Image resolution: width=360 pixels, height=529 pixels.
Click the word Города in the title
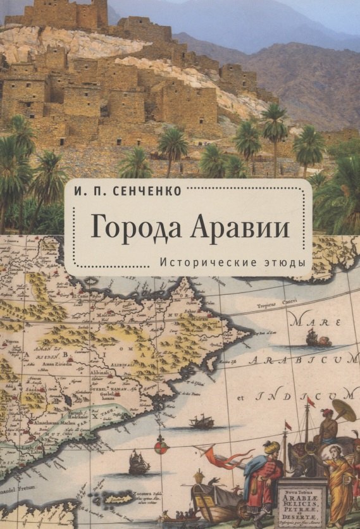(130, 227)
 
